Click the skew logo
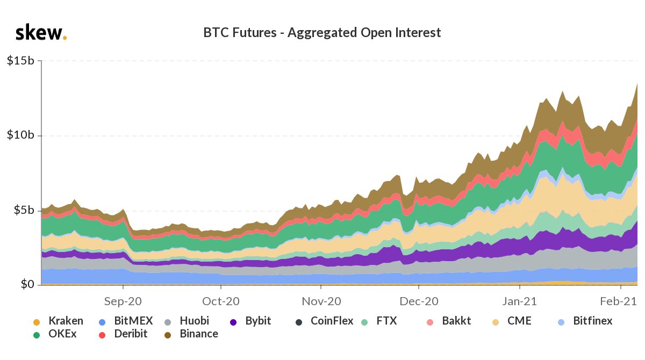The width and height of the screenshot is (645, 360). tap(40, 33)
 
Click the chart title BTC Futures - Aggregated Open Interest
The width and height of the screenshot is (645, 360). tap(322, 33)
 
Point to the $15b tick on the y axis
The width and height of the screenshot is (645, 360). tap(21, 61)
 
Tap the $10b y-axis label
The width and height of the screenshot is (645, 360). tap(21, 135)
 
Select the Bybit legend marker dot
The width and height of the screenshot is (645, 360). tap(233, 322)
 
